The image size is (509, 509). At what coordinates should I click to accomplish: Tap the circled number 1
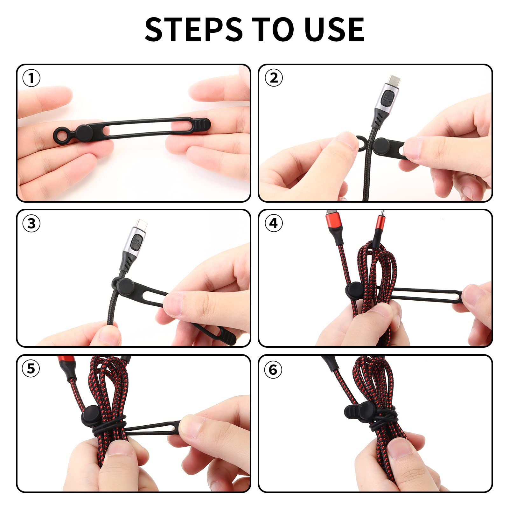[x=31, y=78]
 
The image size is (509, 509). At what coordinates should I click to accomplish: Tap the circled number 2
[x=274, y=78]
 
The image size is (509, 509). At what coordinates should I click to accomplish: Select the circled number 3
[x=31, y=223]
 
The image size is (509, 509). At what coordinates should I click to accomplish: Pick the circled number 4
[x=274, y=223]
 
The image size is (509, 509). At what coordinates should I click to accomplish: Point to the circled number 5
[x=31, y=369]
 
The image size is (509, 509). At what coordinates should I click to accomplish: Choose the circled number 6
[x=273, y=370]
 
